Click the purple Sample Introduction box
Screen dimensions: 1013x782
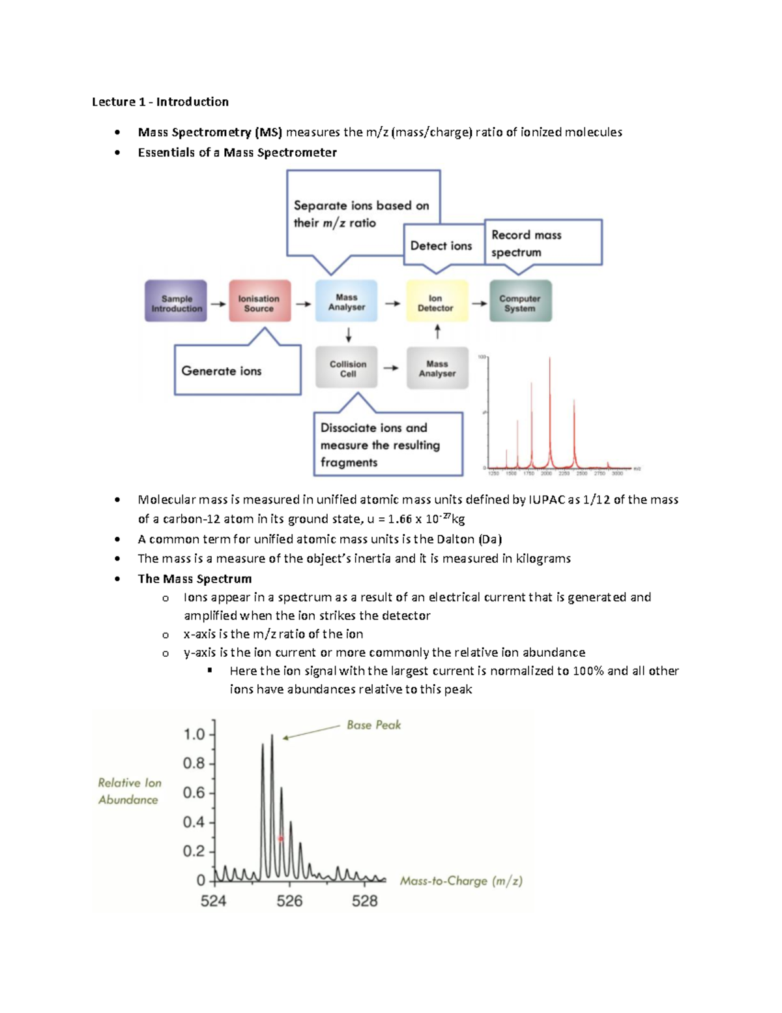176,301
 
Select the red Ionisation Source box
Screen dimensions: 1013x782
259,301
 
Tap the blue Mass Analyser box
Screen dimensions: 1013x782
346,301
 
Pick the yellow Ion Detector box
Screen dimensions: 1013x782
437,301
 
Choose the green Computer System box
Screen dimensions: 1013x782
520,301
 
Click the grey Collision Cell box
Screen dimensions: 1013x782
347,368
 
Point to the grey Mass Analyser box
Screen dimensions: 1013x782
437,368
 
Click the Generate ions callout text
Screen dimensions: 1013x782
222,371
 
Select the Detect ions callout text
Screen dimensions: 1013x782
441,246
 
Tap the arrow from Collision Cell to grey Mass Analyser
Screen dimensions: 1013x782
391,368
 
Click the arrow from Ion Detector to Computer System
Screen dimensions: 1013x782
480,303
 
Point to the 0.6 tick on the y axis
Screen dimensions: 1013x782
194,793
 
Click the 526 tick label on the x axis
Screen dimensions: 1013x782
289,901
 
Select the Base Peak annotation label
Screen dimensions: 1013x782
374,725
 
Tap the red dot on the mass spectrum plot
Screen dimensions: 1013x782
281,839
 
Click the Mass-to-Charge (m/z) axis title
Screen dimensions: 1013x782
461,881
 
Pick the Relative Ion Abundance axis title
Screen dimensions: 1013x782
129,791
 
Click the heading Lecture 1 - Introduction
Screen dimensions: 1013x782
160,102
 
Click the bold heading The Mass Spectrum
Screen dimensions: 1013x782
194,579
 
